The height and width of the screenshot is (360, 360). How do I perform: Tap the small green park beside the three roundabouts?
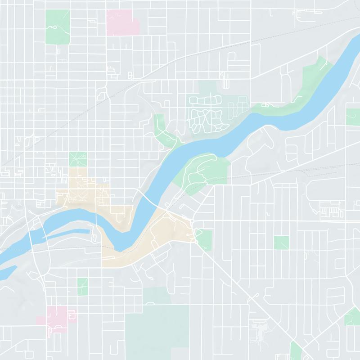click(x=205, y=238)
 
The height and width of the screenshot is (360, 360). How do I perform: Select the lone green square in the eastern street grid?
click(x=281, y=243)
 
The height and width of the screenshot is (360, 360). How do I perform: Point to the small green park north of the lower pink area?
click(x=82, y=287)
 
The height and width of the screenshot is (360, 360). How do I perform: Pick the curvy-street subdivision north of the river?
click(x=205, y=112)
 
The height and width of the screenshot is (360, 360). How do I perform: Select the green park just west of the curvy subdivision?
click(x=162, y=130)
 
